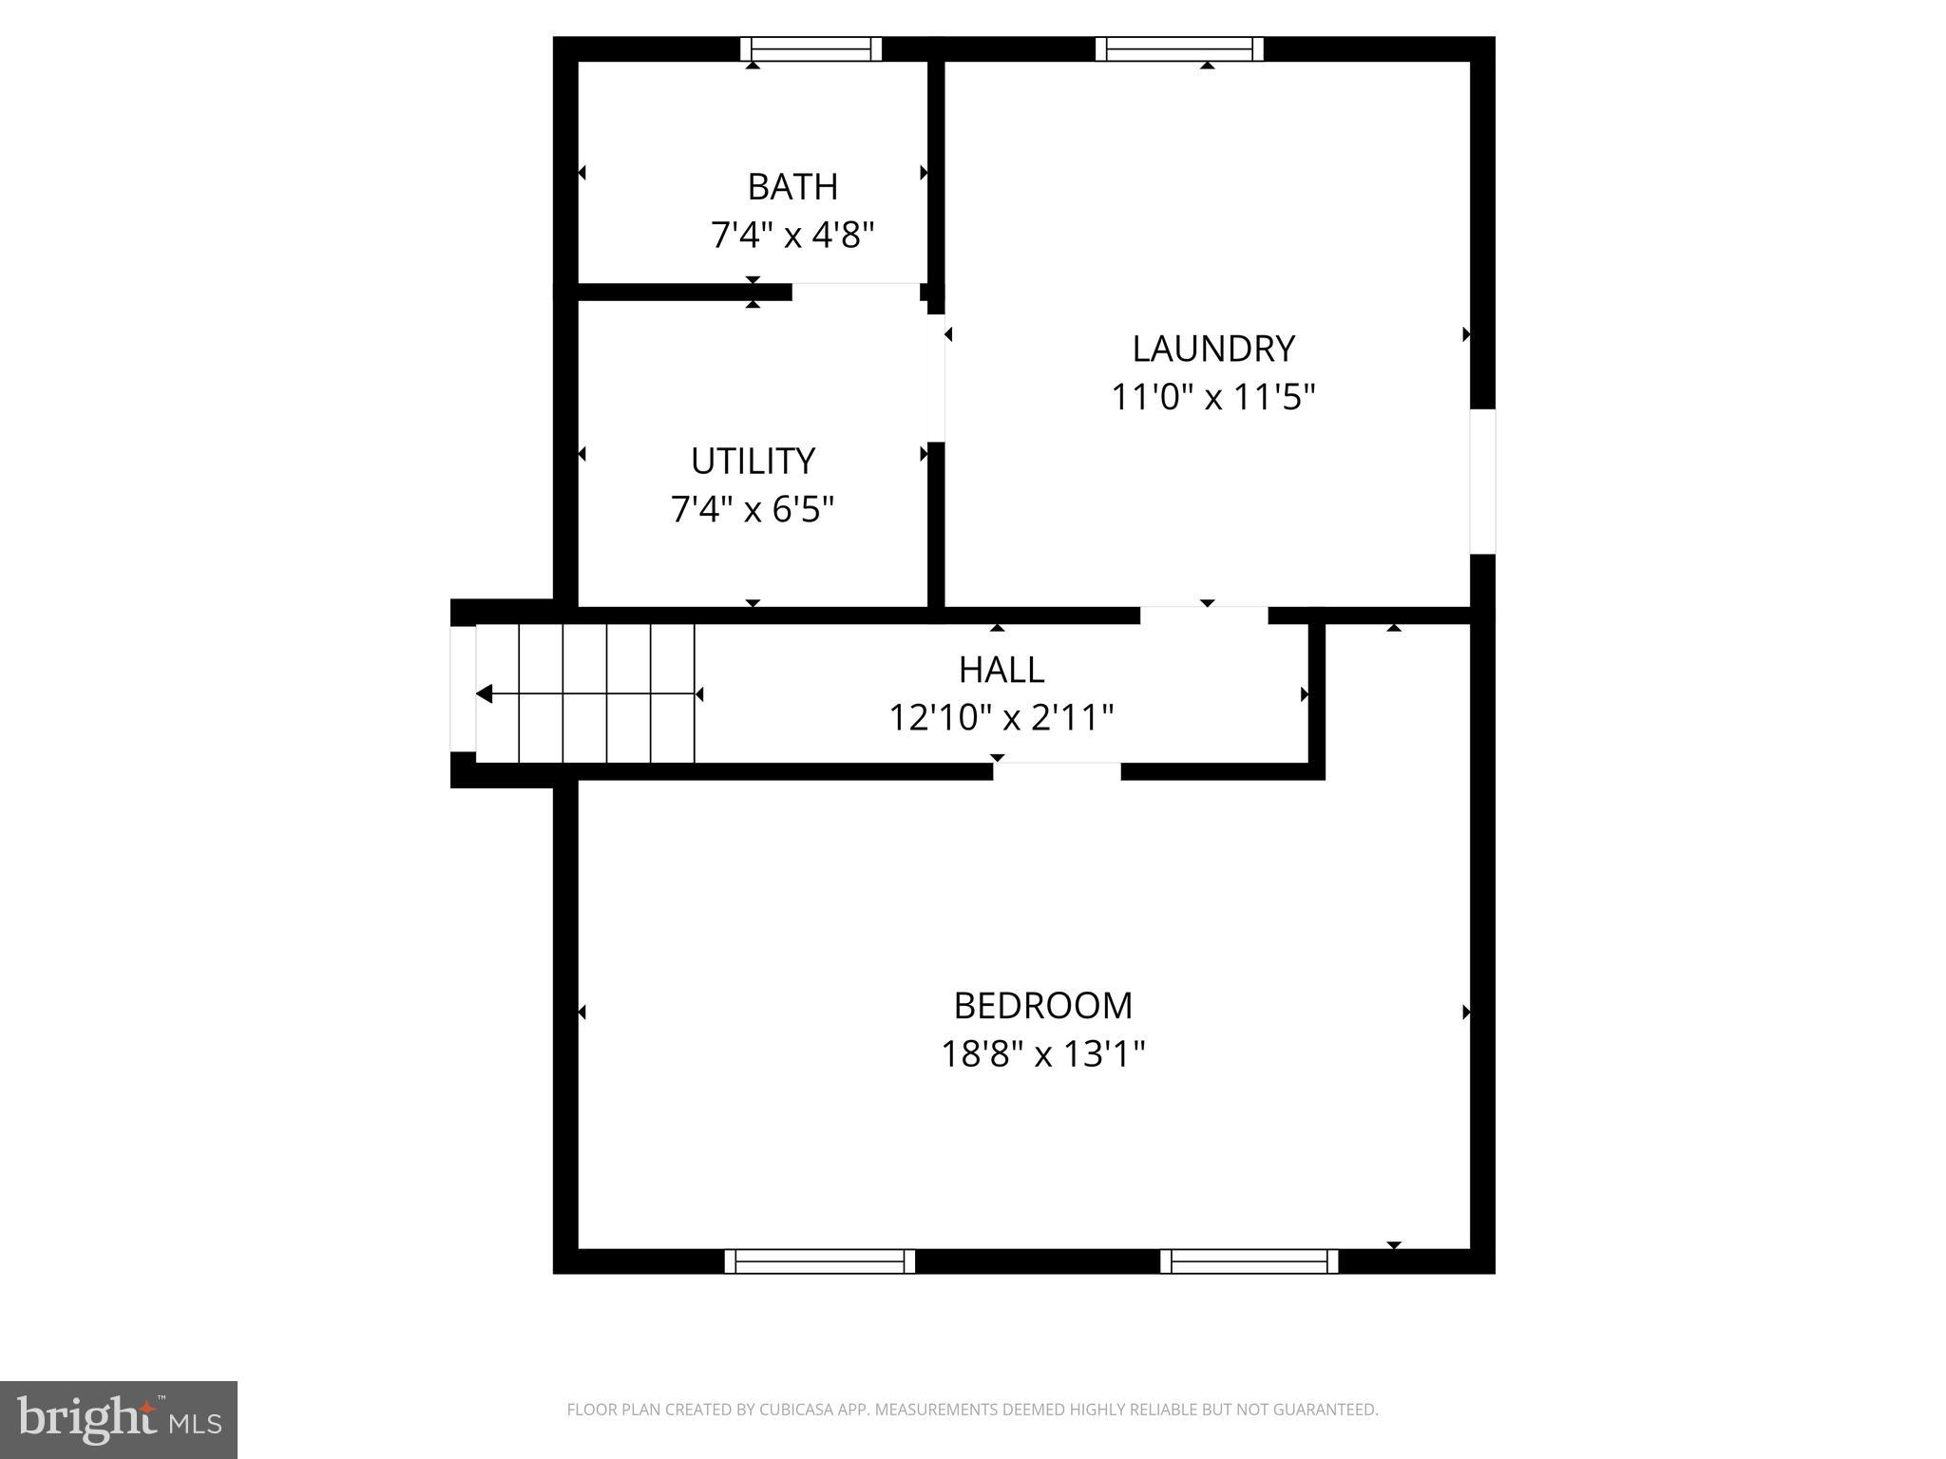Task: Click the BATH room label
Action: coord(792,187)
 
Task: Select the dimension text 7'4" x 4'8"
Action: coord(792,235)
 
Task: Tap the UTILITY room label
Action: coord(753,462)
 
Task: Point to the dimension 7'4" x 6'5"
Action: coord(753,510)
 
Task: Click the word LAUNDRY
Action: coord(1213,350)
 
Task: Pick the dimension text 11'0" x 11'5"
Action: coord(1213,397)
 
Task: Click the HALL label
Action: coord(1002,671)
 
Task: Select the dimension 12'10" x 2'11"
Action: coord(1002,718)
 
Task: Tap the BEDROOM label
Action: coord(1043,1005)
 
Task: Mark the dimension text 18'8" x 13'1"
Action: coord(1043,1054)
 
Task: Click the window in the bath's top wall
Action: coord(811,49)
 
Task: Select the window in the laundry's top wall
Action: coord(1179,49)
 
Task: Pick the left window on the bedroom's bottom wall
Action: coord(819,1261)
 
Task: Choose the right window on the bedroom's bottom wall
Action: coord(1249,1261)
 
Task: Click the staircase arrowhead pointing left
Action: coord(484,694)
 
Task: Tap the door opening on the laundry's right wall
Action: coord(1482,482)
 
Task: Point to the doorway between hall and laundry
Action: coord(1204,616)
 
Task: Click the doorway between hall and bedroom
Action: coord(1057,771)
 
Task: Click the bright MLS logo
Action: coord(119,1419)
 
